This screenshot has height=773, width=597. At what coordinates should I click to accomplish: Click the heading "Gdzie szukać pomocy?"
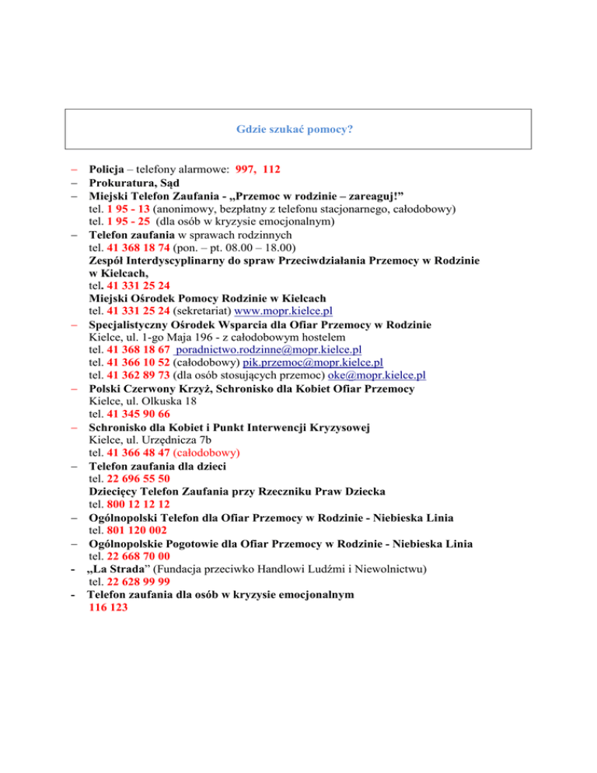(x=298, y=128)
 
